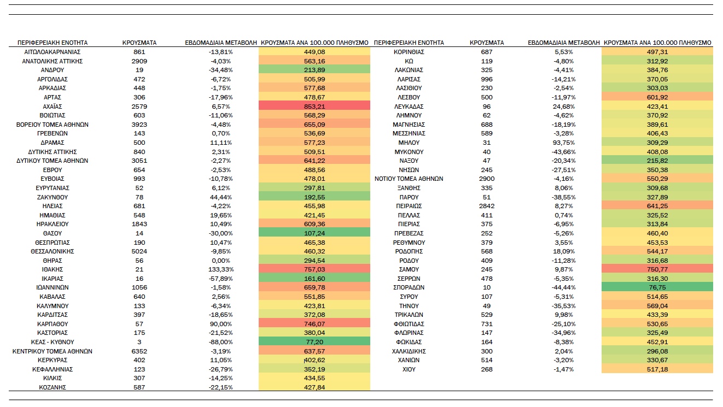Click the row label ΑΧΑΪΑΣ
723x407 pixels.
click(x=53, y=107)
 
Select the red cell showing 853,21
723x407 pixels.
click(x=314, y=106)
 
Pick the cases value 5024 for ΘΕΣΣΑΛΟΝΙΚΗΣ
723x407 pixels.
click(x=139, y=251)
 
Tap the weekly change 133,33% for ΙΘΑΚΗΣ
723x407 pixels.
click(x=221, y=269)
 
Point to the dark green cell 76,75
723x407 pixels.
click(x=657, y=287)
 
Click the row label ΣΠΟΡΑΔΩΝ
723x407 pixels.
click(x=409, y=287)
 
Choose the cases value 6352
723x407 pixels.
click(x=139, y=351)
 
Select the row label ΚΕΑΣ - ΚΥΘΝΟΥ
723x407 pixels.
click(x=53, y=342)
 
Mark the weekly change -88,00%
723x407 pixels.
click(x=221, y=342)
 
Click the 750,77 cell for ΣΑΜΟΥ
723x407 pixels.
click(x=657, y=269)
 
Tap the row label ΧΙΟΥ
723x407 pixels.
click(x=409, y=369)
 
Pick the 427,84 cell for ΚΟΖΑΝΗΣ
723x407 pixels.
click(x=314, y=387)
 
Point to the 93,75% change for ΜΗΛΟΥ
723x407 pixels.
click(x=563, y=143)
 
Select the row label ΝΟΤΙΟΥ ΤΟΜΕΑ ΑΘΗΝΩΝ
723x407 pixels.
click(x=409, y=179)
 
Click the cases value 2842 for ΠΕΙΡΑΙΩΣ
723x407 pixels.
click(x=487, y=206)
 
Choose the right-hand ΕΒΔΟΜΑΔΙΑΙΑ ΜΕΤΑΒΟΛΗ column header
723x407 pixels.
click(x=563, y=43)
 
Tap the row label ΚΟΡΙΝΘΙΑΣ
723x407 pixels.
click(x=409, y=52)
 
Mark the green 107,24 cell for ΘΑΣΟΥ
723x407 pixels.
click(x=314, y=233)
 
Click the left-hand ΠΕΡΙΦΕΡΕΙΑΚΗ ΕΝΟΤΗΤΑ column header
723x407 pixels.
click(x=53, y=43)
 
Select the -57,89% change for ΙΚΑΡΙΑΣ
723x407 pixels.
click(x=221, y=278)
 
